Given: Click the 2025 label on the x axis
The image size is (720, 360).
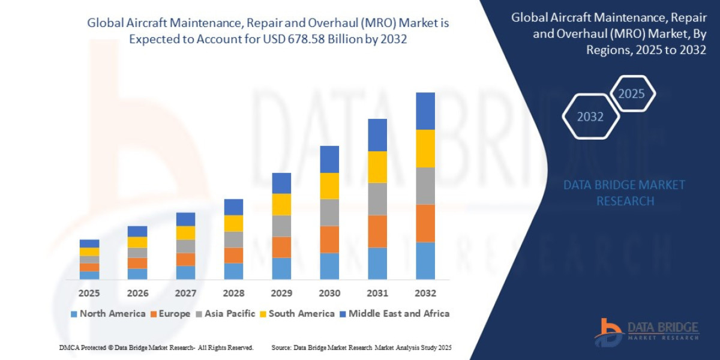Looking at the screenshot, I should pos(89,293).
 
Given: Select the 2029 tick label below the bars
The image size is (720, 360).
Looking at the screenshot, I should pos(281,293).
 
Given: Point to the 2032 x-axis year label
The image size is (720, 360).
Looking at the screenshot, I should pos(425,293).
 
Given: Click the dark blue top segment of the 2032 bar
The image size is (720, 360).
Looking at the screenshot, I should pos(425,111).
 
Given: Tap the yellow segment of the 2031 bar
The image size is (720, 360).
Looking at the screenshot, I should pos(377,167).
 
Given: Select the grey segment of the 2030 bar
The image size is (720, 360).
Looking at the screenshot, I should pos(329,212).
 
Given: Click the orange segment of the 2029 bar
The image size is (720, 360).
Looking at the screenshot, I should pos(281,247).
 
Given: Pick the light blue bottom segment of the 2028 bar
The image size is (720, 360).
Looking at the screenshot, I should pos(233,271).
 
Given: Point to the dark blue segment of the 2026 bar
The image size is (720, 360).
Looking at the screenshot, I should pos(137,231).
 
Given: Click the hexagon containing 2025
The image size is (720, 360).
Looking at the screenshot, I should pos(631,94).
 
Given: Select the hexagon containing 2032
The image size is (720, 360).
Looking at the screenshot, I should pos(590,116).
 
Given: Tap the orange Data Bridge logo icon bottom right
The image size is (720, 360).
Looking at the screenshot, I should pos(608,332).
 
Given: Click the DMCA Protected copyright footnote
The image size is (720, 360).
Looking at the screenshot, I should pos(156,347).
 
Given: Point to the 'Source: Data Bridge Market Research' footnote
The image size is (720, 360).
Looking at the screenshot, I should pos(361,347).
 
